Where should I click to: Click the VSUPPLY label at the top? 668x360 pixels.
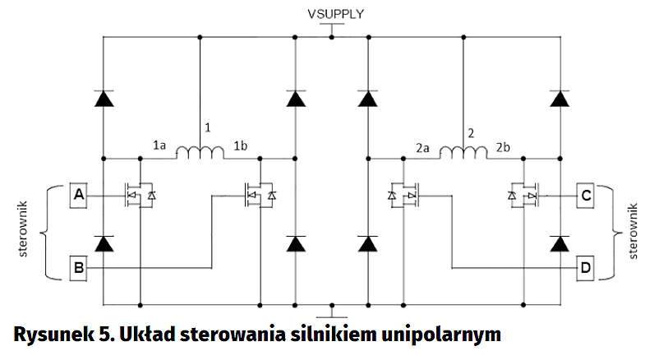[x=334, y=14]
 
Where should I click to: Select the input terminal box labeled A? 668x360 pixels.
[x=79, y=196]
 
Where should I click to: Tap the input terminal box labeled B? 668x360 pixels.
[x=79, y=268]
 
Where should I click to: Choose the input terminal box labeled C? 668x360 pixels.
[x=586, y=196]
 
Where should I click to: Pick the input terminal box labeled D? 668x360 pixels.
[x=586, y=268]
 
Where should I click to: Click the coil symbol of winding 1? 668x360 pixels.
[x=201, y=152]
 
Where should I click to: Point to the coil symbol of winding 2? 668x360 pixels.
[x=463, y=152]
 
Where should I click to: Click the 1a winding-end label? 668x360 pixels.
[x=160, y=145]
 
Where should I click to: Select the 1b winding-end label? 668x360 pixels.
[x=242, y=145]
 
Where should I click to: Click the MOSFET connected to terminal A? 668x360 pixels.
[x=136, y=195]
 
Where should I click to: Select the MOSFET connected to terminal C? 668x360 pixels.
[x=527, y=195]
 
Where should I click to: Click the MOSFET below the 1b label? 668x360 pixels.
[x=258, y=195]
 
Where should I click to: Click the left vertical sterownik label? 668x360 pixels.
[x=24, y=229]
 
